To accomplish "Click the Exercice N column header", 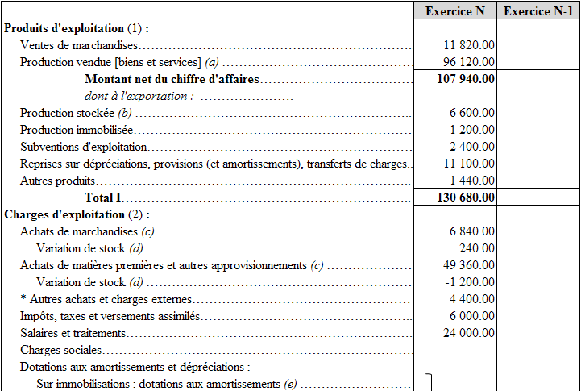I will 455,10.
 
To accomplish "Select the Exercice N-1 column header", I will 539,10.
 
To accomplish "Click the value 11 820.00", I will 469,45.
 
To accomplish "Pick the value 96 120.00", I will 469,62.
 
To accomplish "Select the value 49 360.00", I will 469,265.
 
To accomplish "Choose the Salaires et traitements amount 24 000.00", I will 469,333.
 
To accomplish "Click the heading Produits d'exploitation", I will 64,28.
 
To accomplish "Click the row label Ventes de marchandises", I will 78,45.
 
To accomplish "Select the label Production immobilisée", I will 76,130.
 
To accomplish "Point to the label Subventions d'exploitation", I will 83,147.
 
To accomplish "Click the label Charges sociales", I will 60,350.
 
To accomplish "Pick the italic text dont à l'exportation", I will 139,96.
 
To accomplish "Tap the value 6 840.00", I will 472,231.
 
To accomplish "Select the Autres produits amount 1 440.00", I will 472,181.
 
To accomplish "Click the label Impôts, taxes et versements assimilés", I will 110,316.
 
